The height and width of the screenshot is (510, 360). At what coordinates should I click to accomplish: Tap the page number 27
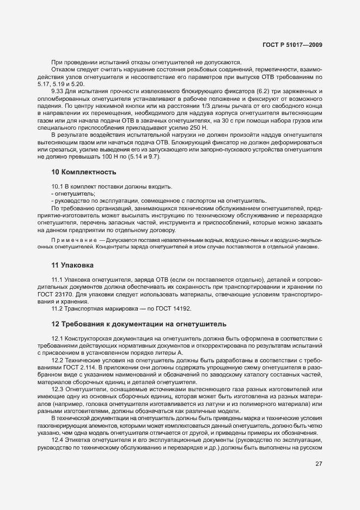318,464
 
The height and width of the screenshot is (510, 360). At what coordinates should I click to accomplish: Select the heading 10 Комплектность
83,172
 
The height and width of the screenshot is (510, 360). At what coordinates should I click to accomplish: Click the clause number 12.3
58,389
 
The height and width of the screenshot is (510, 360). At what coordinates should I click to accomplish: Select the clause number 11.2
58,308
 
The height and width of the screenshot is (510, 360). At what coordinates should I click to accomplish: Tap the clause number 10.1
58,186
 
